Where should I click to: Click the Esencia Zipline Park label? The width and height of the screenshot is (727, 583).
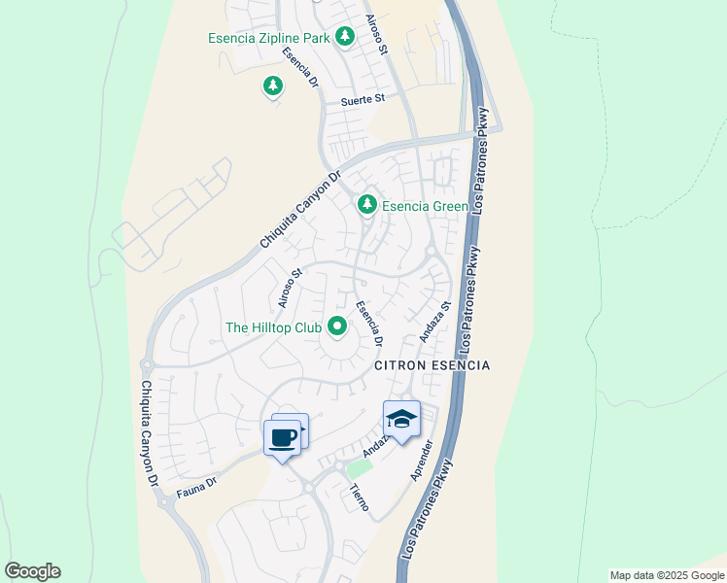[269, 38]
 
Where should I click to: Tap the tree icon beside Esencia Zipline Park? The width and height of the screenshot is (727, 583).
[344, 37]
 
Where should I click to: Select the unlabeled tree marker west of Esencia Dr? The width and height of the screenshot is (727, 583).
[273, 87]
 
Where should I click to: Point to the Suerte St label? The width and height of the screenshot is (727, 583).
[363, 99]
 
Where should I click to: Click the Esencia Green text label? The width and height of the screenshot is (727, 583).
[426, 206]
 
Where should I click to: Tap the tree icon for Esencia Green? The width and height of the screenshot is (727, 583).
[366, 204]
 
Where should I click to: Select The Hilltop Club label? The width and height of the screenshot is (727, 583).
[273, 328]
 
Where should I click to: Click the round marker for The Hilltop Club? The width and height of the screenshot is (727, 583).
[337, 327]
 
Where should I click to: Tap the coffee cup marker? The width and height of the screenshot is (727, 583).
[283, 438]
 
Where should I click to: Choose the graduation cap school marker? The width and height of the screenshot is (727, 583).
[400, 419]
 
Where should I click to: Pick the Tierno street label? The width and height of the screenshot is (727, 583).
[359, 499]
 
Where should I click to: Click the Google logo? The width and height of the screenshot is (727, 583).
[32, 570]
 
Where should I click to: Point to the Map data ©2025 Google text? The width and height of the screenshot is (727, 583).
[667, 575]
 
